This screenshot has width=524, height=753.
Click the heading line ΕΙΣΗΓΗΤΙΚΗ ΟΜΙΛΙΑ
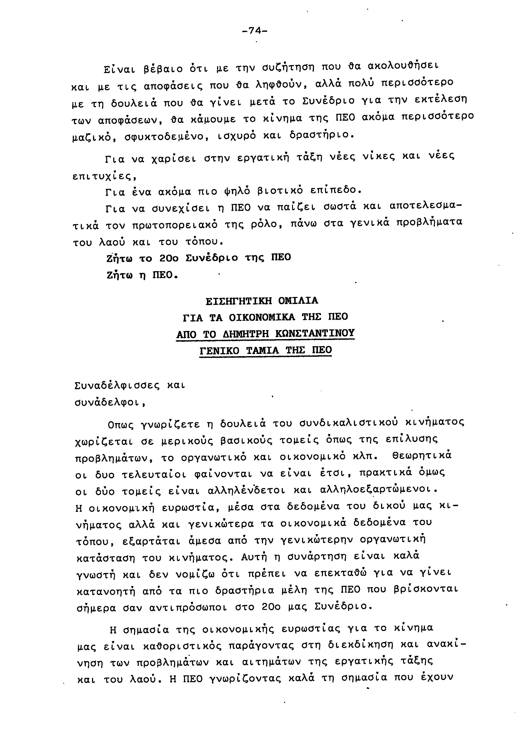262,300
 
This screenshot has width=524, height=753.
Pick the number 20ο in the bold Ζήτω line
169,258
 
